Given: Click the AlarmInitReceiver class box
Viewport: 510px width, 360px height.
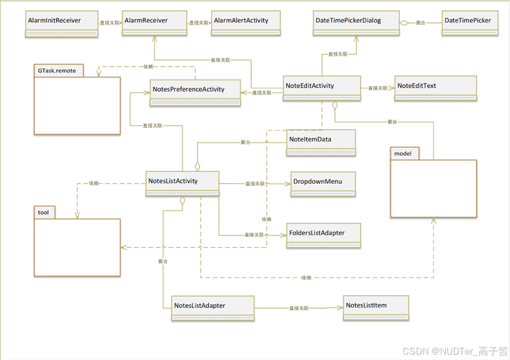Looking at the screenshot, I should click(61, 24).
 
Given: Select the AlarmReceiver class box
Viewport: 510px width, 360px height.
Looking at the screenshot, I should click(154, 24).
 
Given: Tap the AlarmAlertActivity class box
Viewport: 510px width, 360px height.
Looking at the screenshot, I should click(246, 24).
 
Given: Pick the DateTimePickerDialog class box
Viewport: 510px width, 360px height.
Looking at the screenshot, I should click(356, 24).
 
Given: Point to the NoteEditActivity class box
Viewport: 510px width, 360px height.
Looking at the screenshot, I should click(321, 90).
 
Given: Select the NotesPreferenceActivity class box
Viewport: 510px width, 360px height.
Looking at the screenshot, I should click(196, 93).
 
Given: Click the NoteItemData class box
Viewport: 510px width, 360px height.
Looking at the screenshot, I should click(321, 143).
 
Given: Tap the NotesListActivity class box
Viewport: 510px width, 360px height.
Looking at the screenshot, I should click(183, 184).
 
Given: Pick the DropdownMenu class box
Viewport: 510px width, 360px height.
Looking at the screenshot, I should click(323, 185).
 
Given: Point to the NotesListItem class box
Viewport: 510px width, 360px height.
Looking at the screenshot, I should click(376, 309).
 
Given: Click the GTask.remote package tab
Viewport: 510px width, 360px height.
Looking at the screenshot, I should click(57, 70).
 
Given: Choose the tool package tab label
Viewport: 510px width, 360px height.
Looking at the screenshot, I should click(44, 212).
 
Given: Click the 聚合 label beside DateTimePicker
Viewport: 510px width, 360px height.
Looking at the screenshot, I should click(420, 22).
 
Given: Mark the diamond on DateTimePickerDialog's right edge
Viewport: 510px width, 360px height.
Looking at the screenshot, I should click(404, 22).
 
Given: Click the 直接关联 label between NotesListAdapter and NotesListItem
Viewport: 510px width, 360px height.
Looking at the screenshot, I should click(299, 308).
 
